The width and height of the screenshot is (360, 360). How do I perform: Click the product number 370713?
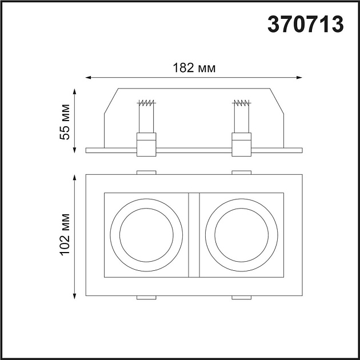[306, 23]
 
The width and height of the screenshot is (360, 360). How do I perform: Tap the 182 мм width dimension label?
[194, 68]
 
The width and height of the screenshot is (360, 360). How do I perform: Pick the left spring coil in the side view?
[147, 103]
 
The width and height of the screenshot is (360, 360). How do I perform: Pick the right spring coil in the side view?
[241, 103]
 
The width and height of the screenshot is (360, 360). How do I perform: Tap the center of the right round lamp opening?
[241, 235]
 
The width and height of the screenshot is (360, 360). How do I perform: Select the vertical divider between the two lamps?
[194, 235]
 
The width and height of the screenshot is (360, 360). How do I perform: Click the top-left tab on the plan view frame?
[147, 171]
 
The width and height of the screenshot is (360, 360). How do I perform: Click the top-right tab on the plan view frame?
[241, 171]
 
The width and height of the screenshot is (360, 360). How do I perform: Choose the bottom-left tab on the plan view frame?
[147, 298]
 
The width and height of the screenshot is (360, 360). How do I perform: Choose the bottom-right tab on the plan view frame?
[241, 298]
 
